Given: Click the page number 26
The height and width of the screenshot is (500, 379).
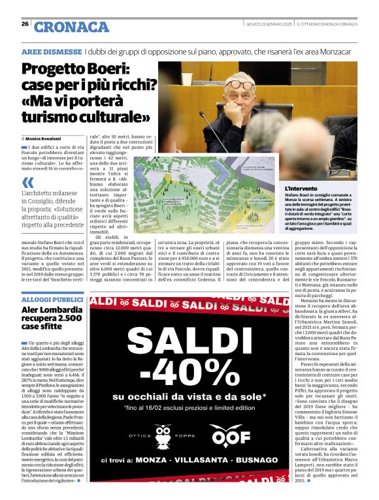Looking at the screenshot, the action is [25, 23].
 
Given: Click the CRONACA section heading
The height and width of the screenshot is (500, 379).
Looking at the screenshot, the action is [71, 27].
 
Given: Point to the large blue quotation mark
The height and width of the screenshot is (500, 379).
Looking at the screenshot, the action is [28, 183].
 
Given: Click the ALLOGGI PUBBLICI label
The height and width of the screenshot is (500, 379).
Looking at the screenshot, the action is [52, 299].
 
